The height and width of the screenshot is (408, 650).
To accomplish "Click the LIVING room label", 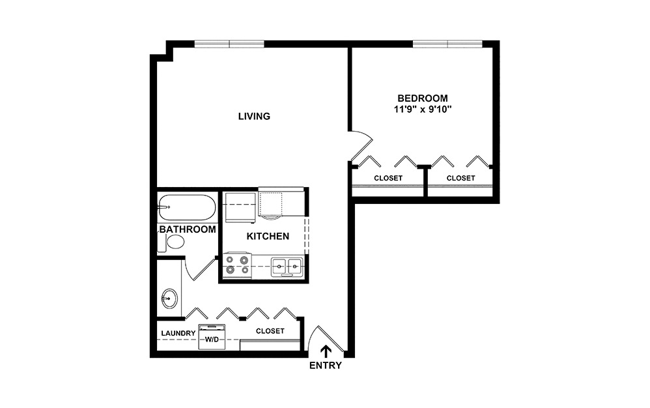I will (x=254, y=117).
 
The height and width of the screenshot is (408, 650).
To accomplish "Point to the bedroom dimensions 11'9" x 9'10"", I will (x=423, y=109).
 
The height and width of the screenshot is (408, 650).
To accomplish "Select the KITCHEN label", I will (x=268, y=236).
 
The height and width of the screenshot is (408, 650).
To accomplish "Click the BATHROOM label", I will (x=188, y=229).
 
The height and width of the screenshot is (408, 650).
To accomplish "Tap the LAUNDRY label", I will (x=178, y=333).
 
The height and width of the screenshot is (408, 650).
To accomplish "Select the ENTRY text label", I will (x=325, y=366).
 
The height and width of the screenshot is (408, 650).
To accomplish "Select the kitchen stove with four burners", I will (x=236, y=265).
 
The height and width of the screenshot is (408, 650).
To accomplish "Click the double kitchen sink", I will (x=287, y=265).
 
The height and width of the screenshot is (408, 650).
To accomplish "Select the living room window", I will (x=229, y=44).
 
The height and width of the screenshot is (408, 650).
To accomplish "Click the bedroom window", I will (x=447, y=44).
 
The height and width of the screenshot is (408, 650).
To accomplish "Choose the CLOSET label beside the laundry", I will (x=270, y=331).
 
